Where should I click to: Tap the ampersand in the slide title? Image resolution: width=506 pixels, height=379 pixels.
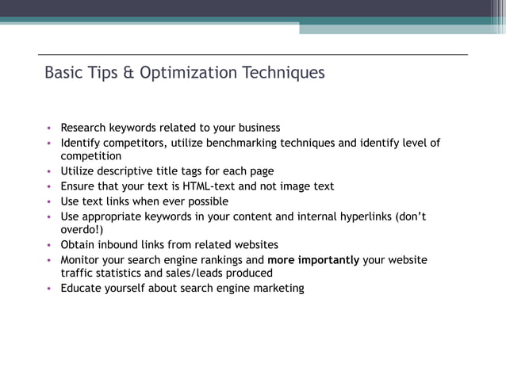[x=128, y=73]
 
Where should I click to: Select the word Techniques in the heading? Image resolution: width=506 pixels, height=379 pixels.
[x=285, y=73]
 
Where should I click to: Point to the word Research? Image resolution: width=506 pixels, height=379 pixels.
[x=85, y=128]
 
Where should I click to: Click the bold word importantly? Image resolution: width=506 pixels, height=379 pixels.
[x=328, y=260]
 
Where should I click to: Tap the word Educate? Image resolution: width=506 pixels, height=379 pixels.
[x=82, y=289]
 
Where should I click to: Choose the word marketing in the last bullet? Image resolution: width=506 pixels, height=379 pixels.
[x=277, y=289]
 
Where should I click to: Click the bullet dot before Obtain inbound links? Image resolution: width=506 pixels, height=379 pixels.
[x=48, y=245]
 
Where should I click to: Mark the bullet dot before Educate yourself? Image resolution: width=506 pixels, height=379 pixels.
[x=48, y=289]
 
